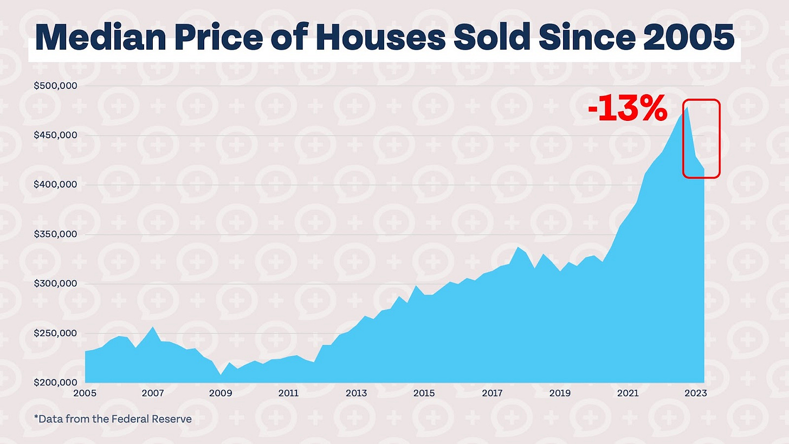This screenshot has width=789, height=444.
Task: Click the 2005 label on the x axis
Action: (86, 393)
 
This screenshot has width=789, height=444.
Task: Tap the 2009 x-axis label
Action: (221, 393)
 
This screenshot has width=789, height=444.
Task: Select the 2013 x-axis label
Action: (357, 393)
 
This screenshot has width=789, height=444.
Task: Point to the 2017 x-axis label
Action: (492, 393)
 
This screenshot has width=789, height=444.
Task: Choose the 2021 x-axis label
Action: (628, 393)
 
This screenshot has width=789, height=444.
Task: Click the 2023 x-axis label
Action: (695, 393)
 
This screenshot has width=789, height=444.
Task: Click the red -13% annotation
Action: (627, 111)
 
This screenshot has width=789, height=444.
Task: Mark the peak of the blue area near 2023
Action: (687, 107)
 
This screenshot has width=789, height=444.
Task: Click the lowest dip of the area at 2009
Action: (221, 375)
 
